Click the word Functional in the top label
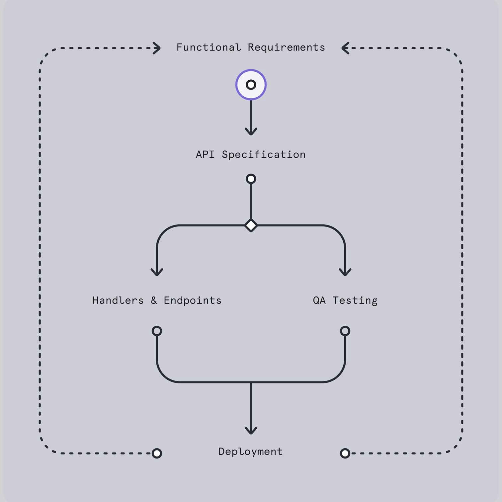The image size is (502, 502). pyautogui.click(x=209, y=47)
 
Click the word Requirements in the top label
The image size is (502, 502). pyautogui.click(x=286, y=47)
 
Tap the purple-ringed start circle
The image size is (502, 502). pyautogui.click(x=251, y=85)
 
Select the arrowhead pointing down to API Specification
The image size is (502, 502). pyautogui.click(x=251, y=131)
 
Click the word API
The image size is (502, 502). pyautogui.click(x=205, y=155)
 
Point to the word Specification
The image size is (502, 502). pyautogui.click(x=264, y=155)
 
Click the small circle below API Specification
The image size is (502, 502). pyautogui.click(x=251, y=179)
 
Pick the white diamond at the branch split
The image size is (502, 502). pyautogui.click(x=251, y=225)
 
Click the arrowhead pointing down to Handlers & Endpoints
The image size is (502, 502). pyautogui.click(x=157, y=272)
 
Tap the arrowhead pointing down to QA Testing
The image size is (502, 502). pyautogui.click(x=345, y=272)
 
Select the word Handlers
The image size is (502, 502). pyautogui.click(x=118, y=300)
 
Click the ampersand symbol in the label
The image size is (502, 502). pyautogui.click(x=154, y=300)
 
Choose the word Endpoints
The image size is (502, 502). pyautogui.click(x=193, y=300)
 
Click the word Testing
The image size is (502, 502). pyautogui.click(x=355, y=300)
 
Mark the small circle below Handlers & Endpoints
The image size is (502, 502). pyautogui.click(x=157, y=331)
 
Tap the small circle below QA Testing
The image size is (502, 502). pyautogui.click(x=345, y=331)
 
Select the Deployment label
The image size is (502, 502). pyautogui.click(x=251, y=452)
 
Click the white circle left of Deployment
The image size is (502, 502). pyautogui.click(x=157, y=453)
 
